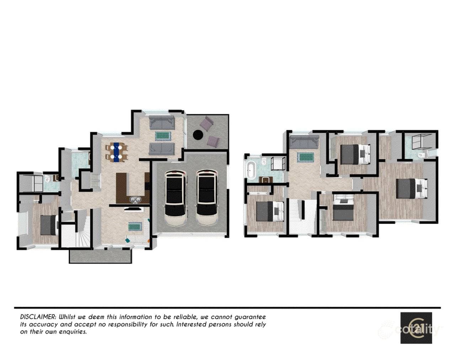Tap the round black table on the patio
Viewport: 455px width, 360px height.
pyautogui.click(x=198, y=135)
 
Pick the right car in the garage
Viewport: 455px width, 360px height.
pyautogui.click(x=207, y=198)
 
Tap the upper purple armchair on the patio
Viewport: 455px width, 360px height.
pyautogui.click(x=206, y=124)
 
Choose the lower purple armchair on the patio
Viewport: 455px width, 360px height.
pyautogui.click(x=213, y=142)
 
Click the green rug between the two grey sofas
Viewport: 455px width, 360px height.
pyautogui.click(x=163, y=136)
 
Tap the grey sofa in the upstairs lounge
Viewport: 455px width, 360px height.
pyautogui.click(x=304, y=142)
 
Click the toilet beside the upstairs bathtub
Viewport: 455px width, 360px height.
pyautogui.click(x=264, y=162)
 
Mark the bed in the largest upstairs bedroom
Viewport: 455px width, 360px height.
pyautogui.click(x=411, y=189)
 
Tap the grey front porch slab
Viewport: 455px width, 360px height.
pyautogui.click(x=101, y=257)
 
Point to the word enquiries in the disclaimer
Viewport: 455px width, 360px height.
pyautogui.click(x=73, y=332)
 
